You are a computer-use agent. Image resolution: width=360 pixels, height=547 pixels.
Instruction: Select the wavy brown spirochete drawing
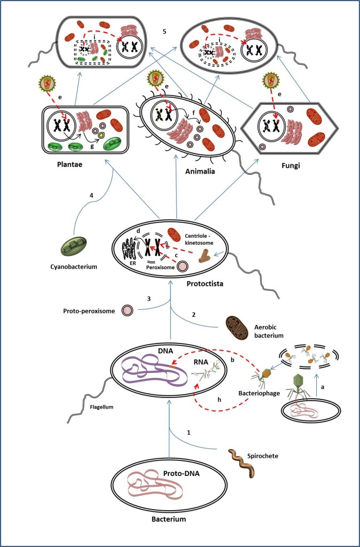(240, 463)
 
